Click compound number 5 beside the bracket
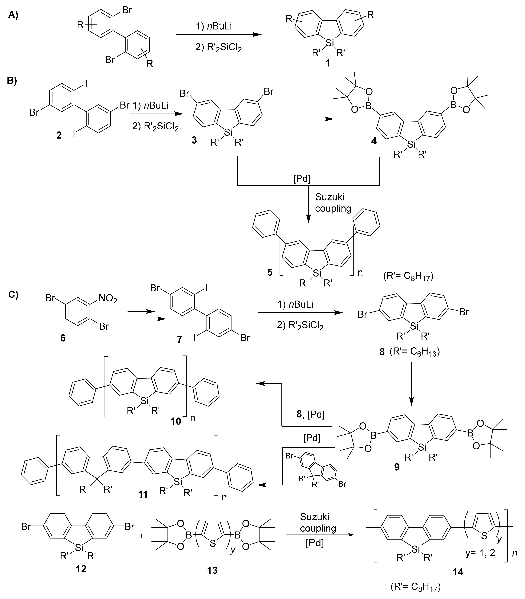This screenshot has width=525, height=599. click(x=270, y=273)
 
